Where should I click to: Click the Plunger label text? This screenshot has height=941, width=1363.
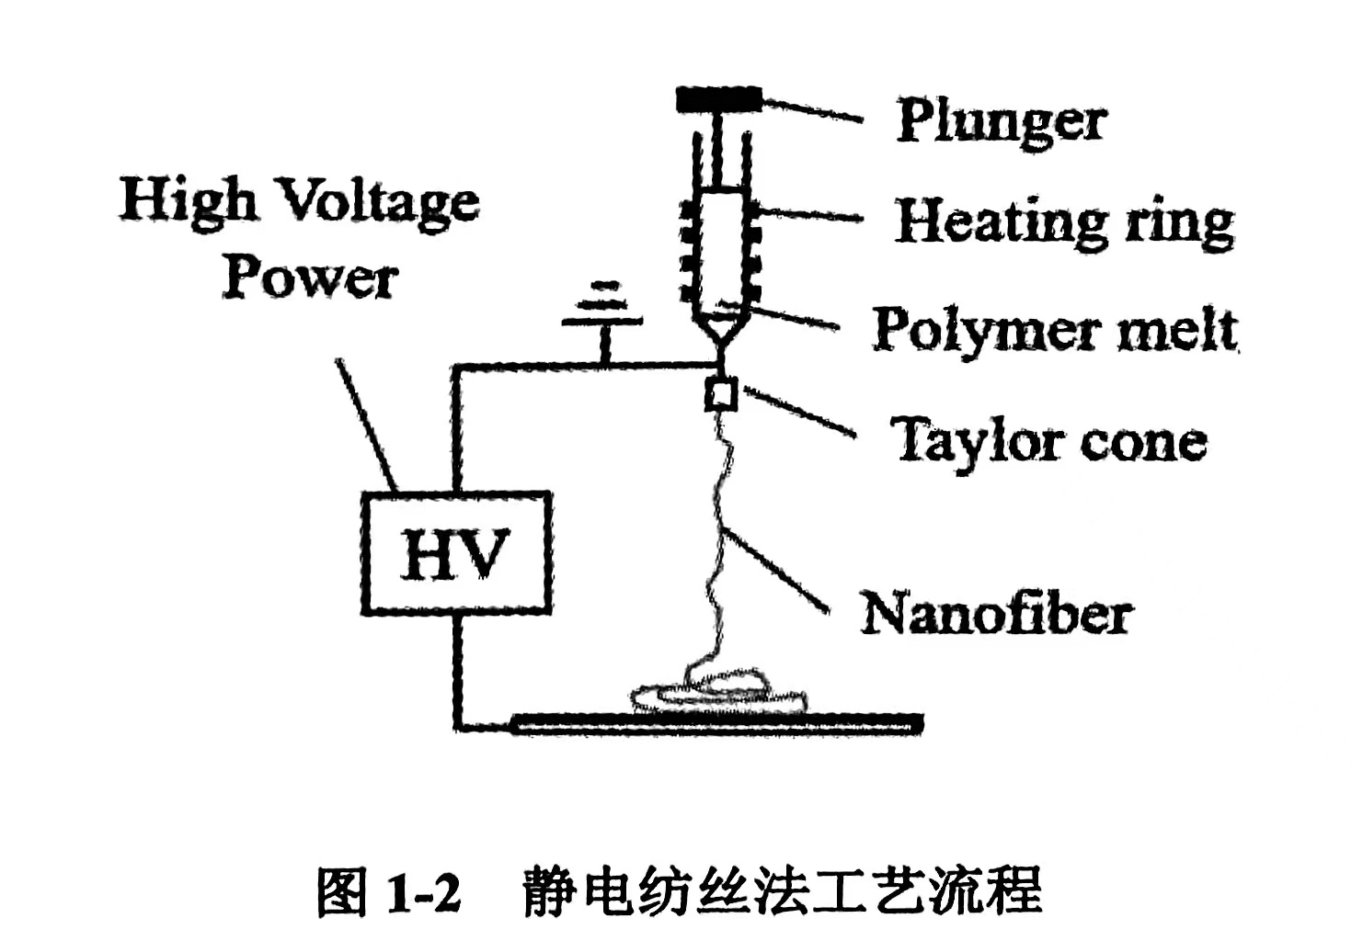coord(1001,120)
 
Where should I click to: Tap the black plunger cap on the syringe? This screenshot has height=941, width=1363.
coord(718,98)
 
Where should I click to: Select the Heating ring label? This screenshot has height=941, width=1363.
coord(1064,221)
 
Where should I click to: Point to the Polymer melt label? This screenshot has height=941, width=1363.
coord(1055,330)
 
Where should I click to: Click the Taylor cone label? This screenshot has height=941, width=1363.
coord(1048,442)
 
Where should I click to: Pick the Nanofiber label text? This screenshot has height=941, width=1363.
coord(995,614)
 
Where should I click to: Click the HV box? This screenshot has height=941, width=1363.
coord(456,553)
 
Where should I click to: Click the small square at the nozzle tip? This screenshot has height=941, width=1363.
coord(720,394)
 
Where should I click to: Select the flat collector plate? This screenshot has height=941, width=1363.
coord(717,723)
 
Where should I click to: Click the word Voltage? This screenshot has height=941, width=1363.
coord(377,200)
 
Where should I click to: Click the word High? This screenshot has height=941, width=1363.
coord(187,200)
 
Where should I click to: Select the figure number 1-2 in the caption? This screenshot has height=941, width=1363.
coord(423,891)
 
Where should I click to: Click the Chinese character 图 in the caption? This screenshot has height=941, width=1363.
coord(341,891)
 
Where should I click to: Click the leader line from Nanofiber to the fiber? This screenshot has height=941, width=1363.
coord(777,570)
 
